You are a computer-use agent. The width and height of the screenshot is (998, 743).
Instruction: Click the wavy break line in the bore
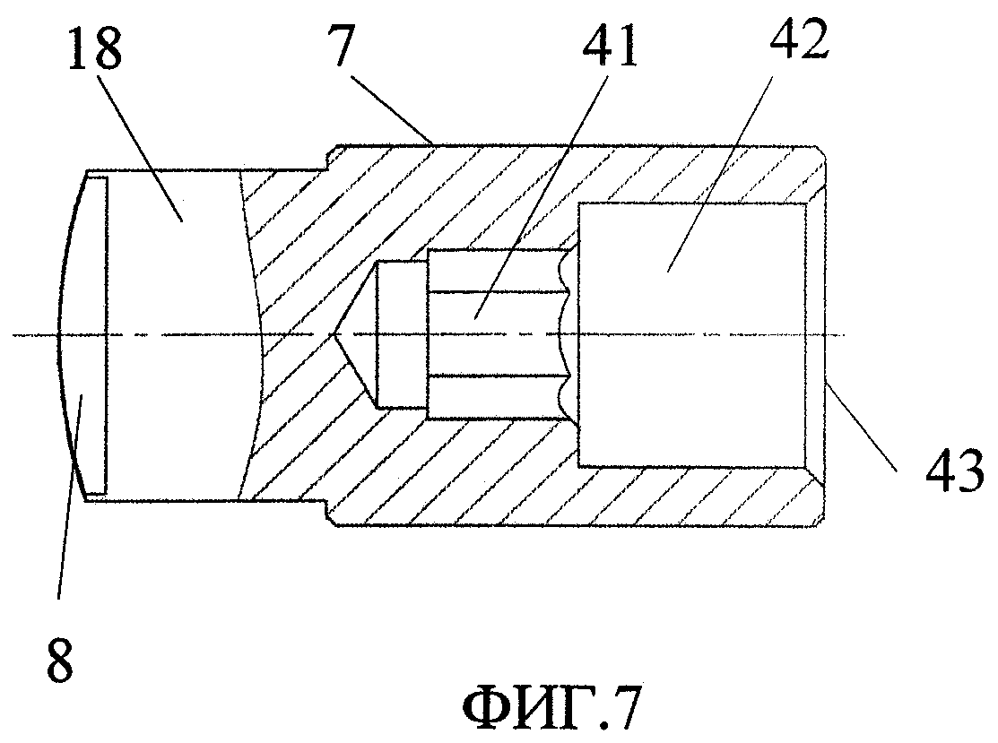point(565,335)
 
